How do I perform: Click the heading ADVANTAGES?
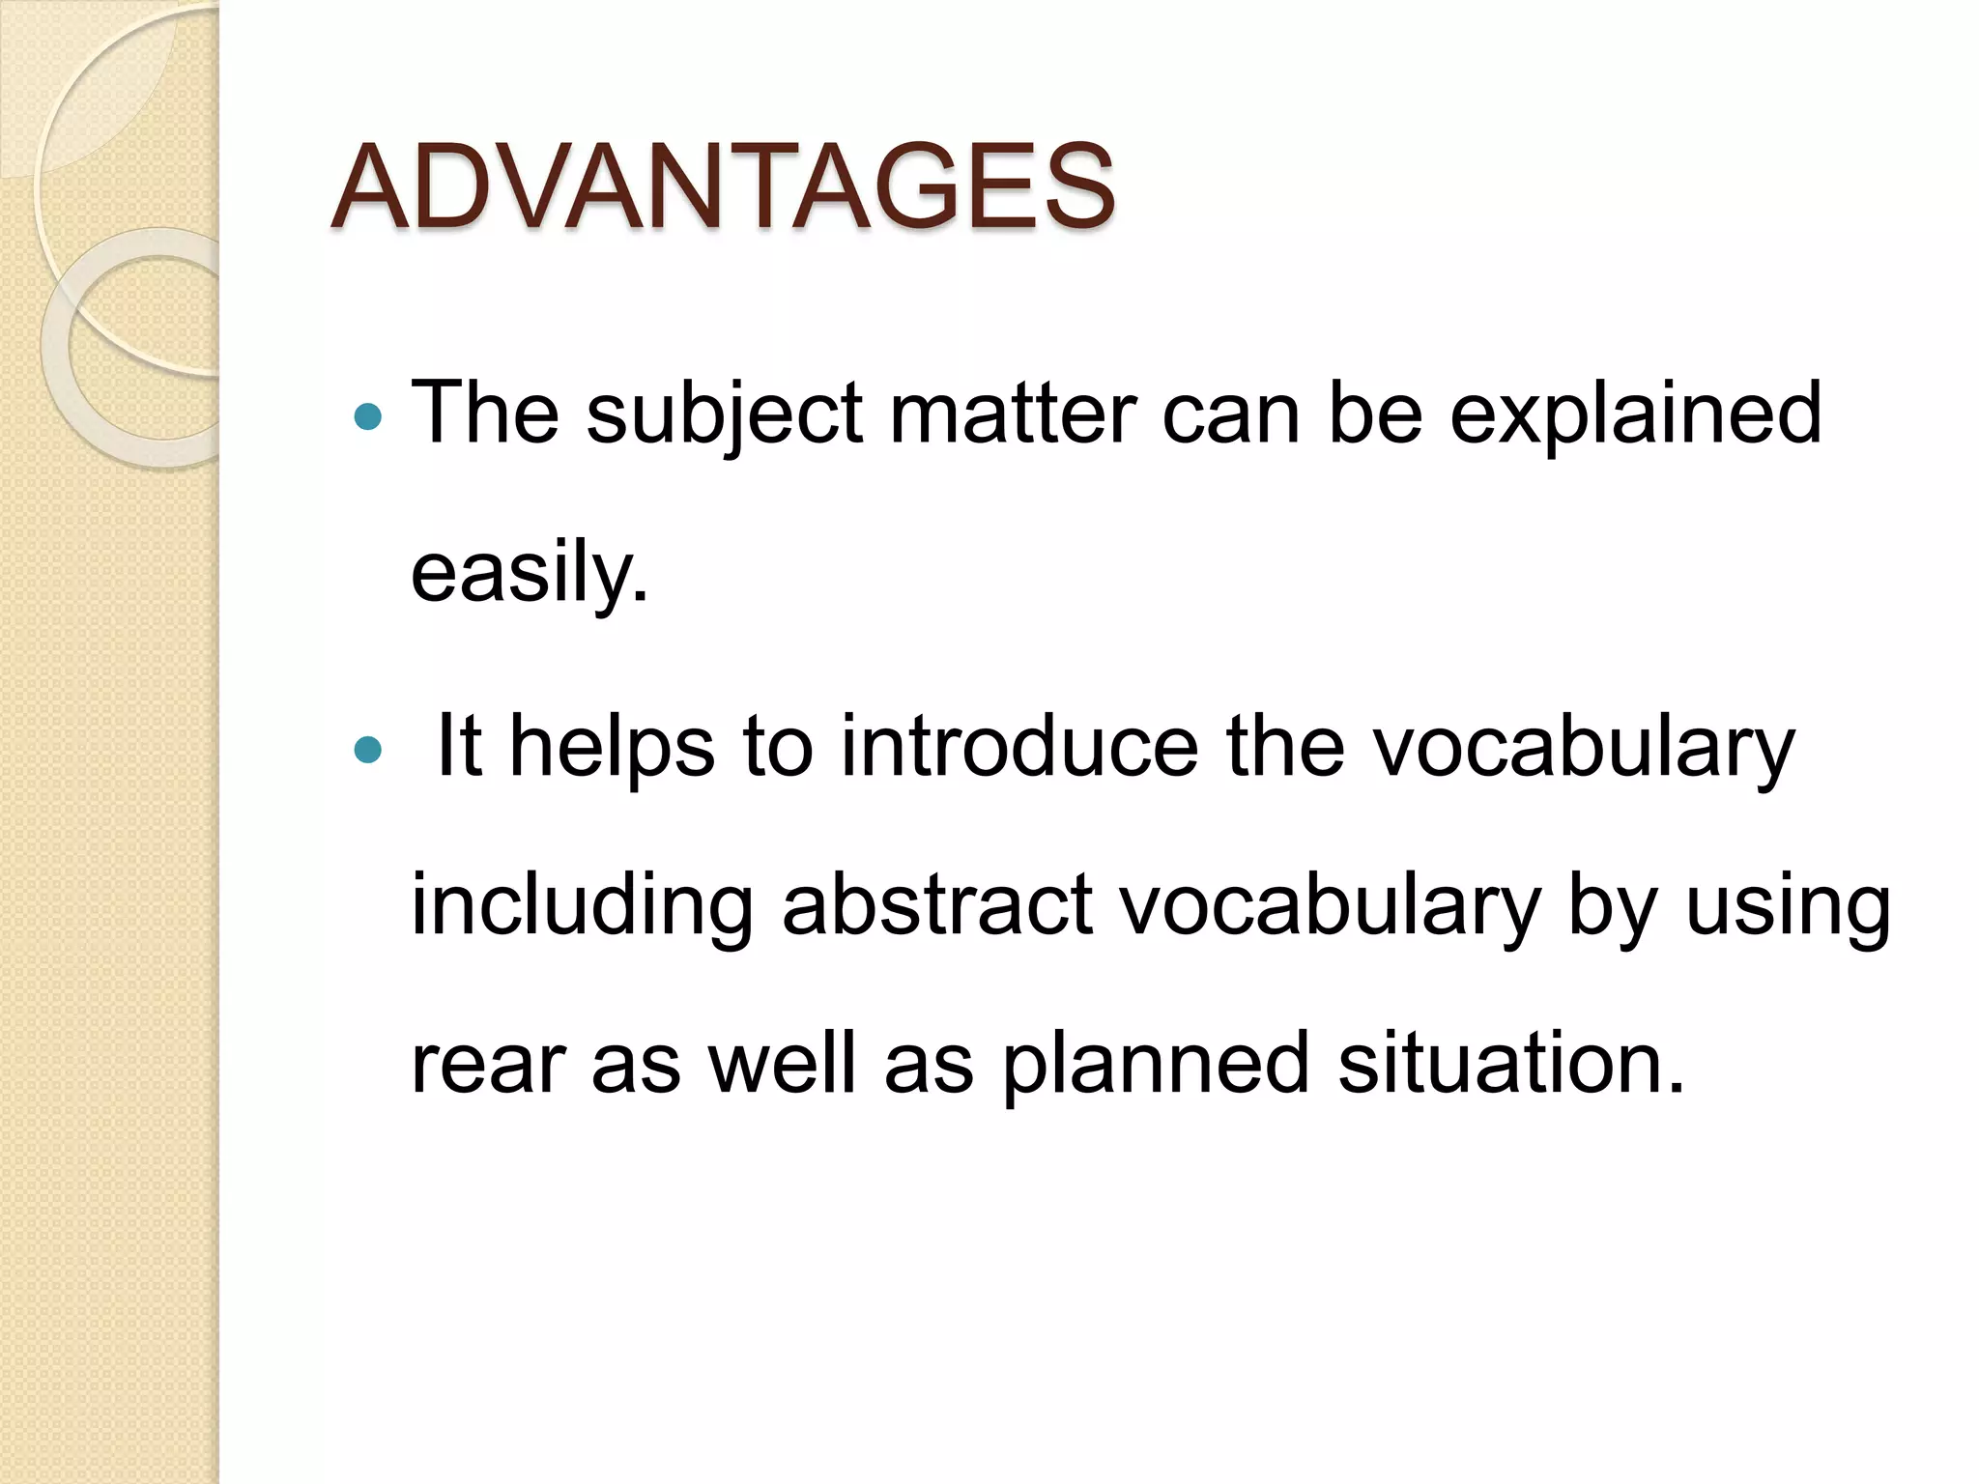723,187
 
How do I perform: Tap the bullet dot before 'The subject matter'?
368,417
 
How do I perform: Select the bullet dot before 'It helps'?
368,750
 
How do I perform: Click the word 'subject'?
724,414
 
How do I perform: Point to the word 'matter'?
1013,414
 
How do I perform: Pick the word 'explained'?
1635,414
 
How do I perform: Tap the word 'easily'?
529,573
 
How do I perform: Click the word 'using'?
1788,905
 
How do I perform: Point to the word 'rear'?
488,1065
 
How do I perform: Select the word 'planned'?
1156,1065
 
